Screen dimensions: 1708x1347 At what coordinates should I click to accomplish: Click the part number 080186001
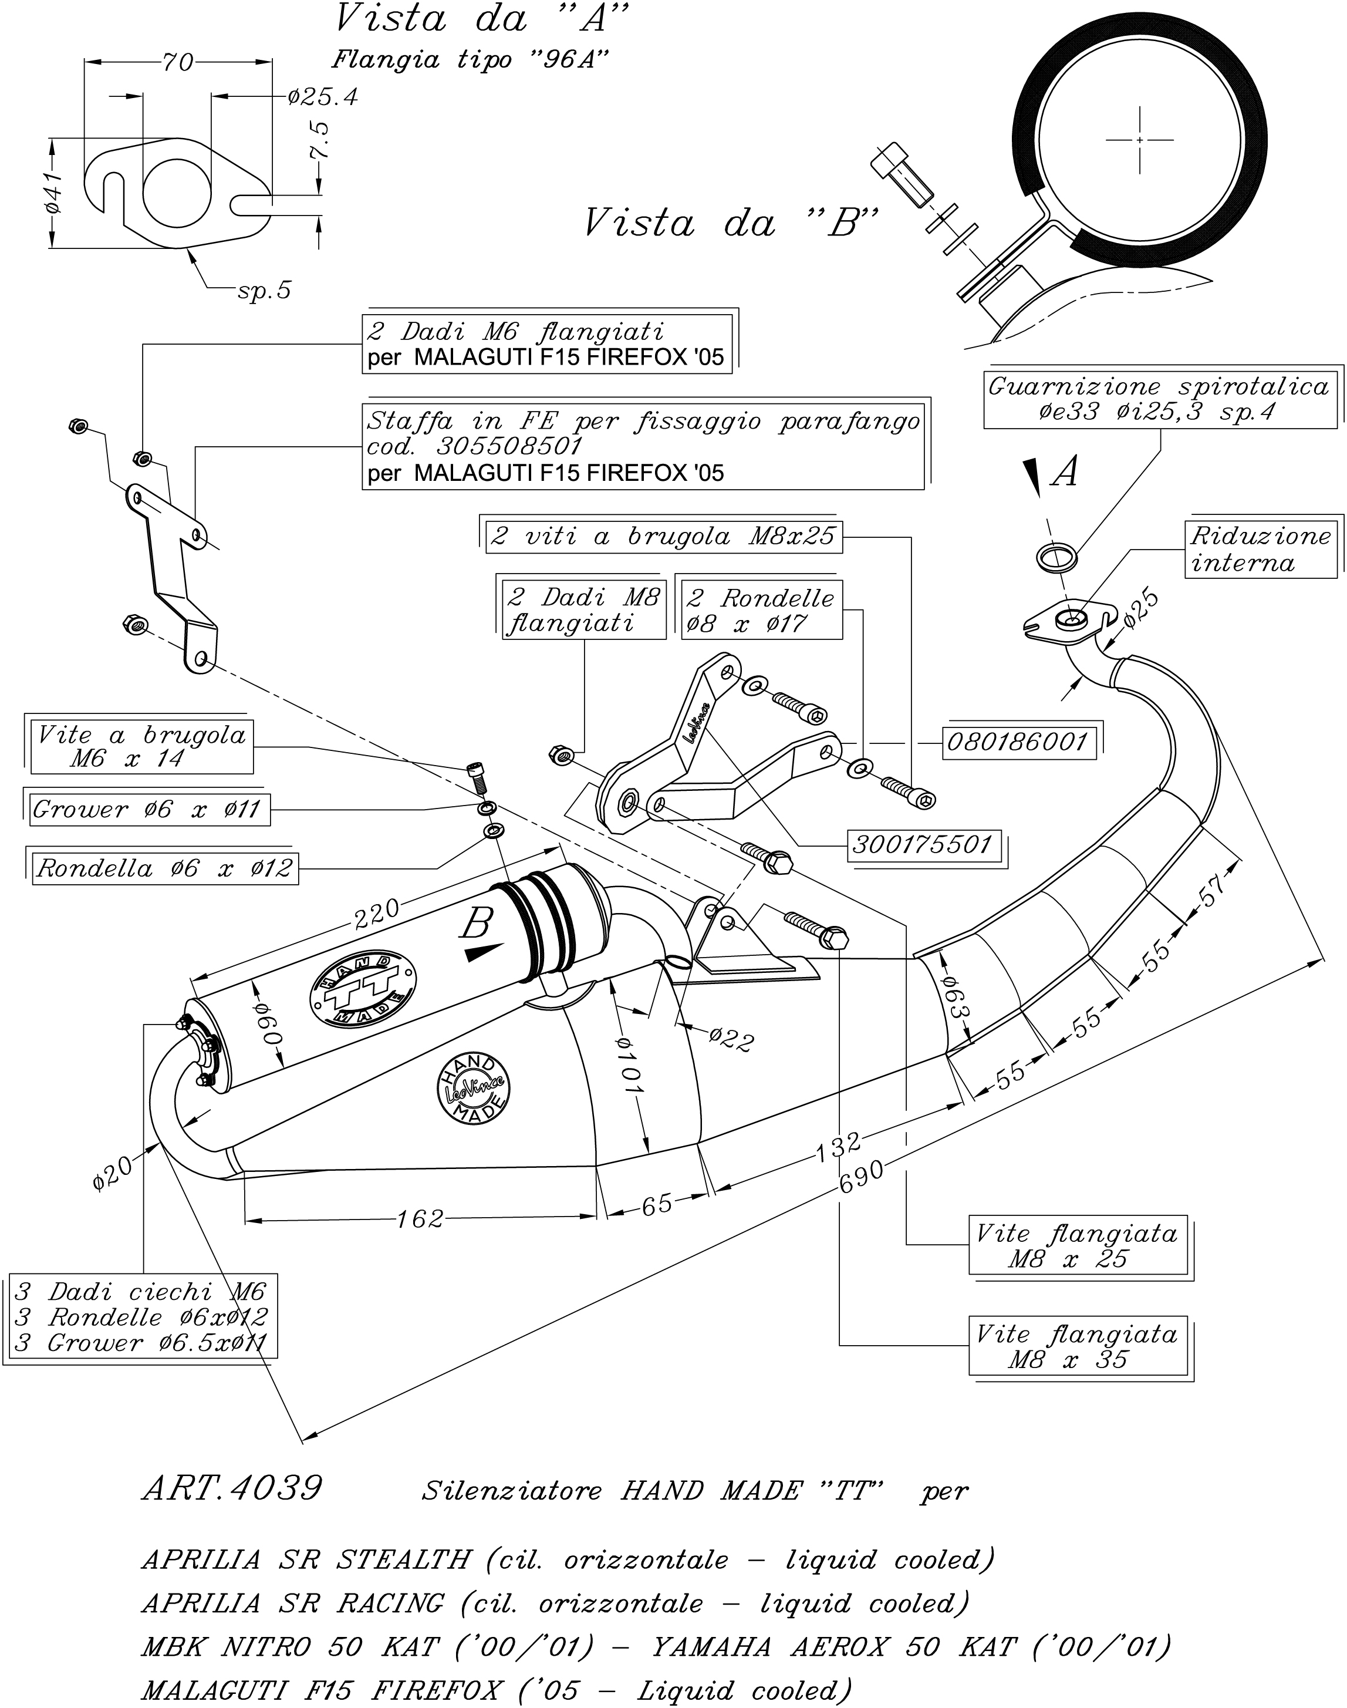pos(1018,742)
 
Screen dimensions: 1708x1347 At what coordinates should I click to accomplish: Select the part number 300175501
pos(921,845)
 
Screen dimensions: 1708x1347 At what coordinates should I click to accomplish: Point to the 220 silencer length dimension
pos(376,913)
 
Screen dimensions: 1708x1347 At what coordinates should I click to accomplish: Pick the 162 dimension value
pos(420,1219)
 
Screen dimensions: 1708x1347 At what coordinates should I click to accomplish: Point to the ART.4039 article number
pos(232,1488)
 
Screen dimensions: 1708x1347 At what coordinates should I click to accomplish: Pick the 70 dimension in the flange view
pos(177,62)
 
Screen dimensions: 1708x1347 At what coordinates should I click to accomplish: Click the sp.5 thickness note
pos(264,291)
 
